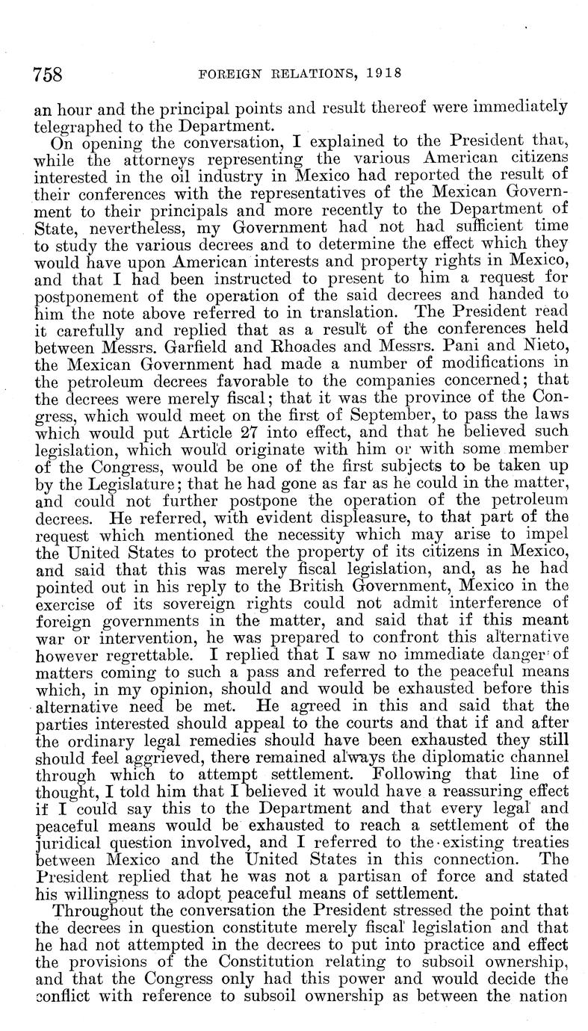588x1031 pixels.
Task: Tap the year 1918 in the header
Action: (x=380, y=73)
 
